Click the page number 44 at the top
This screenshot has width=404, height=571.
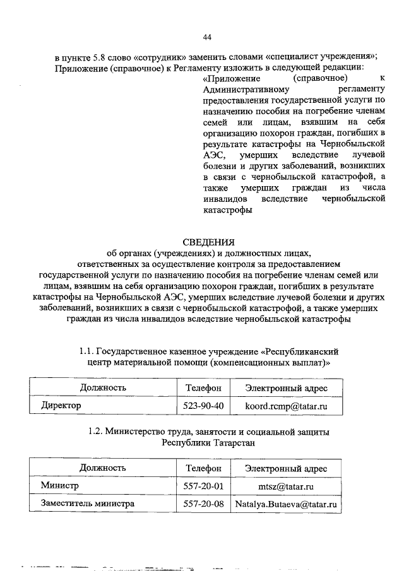tap(207, 37)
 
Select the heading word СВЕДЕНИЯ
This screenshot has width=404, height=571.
tap(208, 242)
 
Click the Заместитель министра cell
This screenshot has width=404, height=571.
tap(87, 505)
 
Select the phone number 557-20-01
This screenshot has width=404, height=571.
tap(203, 486)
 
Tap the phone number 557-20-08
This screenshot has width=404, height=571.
tap(203, 505)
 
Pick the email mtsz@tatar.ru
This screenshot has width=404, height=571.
tap(287, 486)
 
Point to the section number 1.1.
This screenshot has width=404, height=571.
tap(88, 351)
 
